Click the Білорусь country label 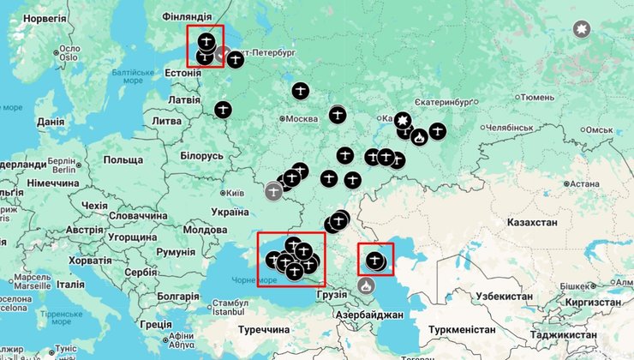point(201,156)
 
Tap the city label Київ point(232,193)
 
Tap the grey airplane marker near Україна point(273,191)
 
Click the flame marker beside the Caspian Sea point(367,285)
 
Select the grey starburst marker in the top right point(582,31)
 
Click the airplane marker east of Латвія point(223,110)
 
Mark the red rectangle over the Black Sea point(291,259)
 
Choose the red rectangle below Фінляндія point(205,46)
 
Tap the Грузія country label point(331,294)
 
